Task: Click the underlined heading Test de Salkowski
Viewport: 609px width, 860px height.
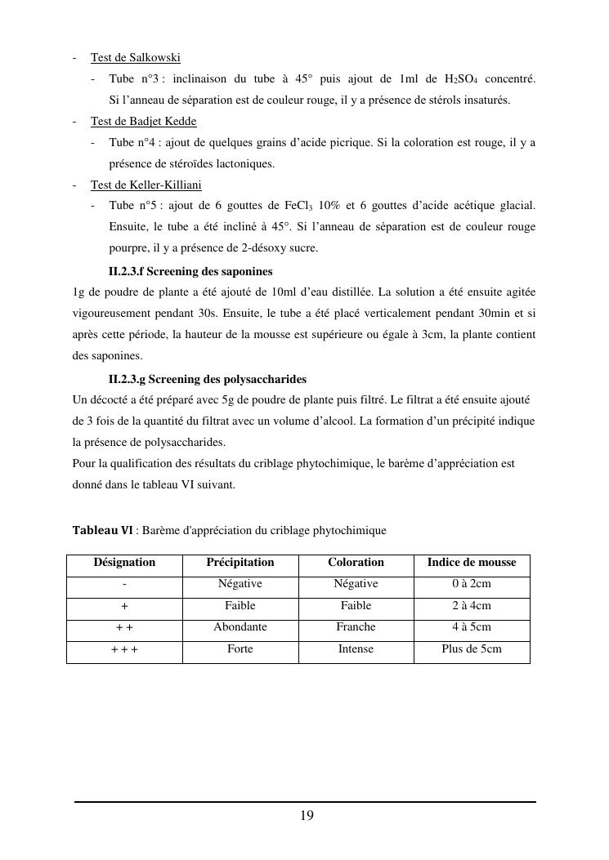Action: point(135,57)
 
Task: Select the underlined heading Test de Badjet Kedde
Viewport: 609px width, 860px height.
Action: point(143,121)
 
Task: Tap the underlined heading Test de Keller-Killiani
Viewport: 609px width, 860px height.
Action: point(146,185)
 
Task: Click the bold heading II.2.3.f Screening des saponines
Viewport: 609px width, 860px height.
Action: point(190,270)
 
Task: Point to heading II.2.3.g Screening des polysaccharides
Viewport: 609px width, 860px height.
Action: point(207,379)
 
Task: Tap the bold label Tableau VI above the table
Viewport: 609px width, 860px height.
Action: point(102,530)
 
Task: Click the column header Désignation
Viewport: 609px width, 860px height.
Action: point(124,563)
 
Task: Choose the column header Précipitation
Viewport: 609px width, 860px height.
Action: point(240,563)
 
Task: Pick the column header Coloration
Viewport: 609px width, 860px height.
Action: point(356,563)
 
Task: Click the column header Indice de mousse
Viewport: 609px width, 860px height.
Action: point(471,563)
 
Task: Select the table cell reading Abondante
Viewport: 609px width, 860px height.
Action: point(240,627)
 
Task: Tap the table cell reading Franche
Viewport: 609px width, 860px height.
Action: point(356,627)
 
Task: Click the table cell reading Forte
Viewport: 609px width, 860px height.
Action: point(240,649)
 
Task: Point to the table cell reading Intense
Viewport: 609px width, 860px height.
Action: point(356,649)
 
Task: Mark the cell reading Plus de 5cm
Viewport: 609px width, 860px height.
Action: point(471,649)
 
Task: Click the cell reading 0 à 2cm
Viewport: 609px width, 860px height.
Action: point(471,584)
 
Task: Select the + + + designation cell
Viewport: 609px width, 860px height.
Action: point(124,649)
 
